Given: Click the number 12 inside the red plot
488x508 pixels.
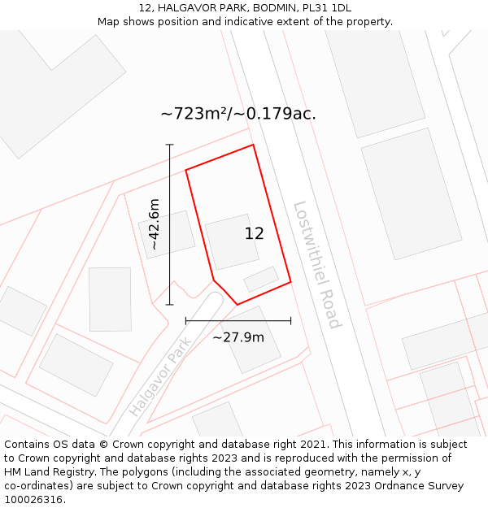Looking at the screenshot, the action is coord(254,233).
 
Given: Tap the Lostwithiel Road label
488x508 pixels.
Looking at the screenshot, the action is coord(316,264).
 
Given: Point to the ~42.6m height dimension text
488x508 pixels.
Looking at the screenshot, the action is coord(155,224).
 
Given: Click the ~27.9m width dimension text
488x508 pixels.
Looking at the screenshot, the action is coord(238,336).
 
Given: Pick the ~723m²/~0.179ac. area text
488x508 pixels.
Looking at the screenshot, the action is coord(238,114).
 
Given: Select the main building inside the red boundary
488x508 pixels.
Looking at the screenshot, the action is coord(232,241).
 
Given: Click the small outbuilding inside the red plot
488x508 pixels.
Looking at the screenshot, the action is coord(261,279).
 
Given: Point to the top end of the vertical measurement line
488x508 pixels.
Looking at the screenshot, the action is coord(170,145).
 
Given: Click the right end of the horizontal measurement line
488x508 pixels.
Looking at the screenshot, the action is coord(290,321).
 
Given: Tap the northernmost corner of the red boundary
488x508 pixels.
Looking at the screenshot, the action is coord(253,145).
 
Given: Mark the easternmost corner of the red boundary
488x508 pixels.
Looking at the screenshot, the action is coord(290,282).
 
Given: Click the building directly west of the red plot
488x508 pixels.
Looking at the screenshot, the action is coord(166,234).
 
